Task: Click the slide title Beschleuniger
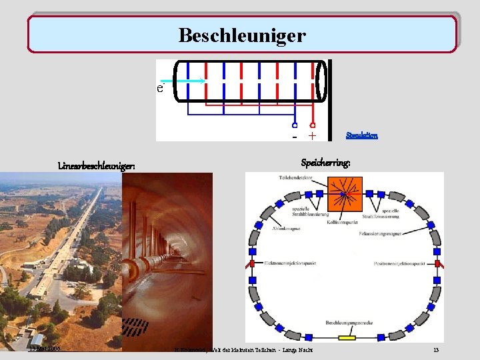pyautogui.click(x=241, y=35)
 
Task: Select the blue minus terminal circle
pyautogui.click(x=294, y=125)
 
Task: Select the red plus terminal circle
pyautogui.click(x=312, y=125)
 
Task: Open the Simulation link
pyautogui.click(x=362, y=135)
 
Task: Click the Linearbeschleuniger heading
pyautogui.click(x=97, y=166)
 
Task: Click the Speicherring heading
pyautogui.click(x=326, y=163)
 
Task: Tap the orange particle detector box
pyautogui.click(x=344, y=193)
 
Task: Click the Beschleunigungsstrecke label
pyautogui.click(x=346, y=323)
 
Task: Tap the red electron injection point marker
pyautogui.click(x=251, y=264)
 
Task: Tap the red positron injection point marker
pyautogui.click(x=438, y=264)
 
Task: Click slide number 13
pyautogui.click(x=435, y=350)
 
